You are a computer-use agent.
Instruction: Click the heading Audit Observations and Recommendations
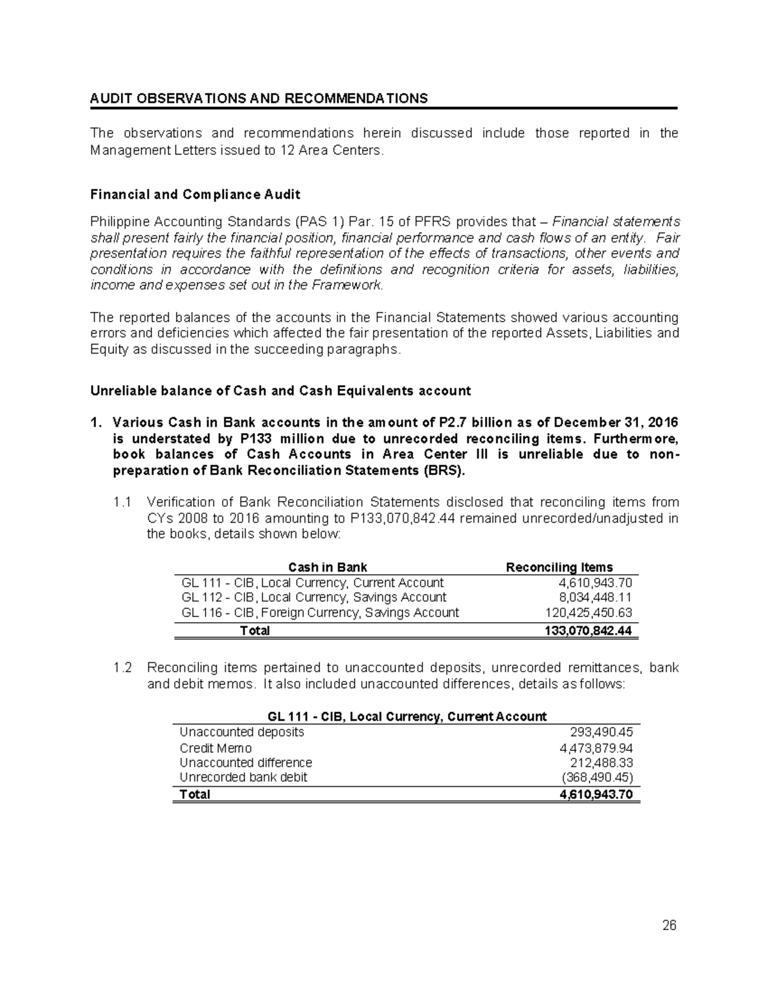coord(259,99)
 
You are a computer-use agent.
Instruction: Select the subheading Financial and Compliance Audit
coord(195,194)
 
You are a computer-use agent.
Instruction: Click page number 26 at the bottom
coord(669,925)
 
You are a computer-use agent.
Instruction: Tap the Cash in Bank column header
coord(328,567)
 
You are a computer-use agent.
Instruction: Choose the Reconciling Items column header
coord(559,567)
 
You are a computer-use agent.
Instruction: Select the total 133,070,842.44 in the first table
coord(588,630)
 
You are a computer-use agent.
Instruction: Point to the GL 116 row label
coord(320,613)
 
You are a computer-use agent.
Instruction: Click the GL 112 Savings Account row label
coord(314,597)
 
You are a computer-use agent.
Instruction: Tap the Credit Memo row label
coord(216,748)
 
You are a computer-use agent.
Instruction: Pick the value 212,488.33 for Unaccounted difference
coord(601,762)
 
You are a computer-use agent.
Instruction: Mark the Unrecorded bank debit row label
coord(243,777)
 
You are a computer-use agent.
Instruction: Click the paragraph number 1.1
coord(122,502)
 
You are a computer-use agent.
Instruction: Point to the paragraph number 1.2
coord(122,668)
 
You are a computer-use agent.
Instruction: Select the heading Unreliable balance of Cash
coord(280,391)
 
